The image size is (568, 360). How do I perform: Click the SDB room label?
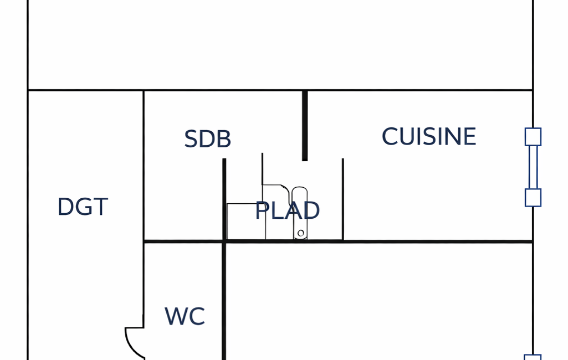click(x=208, y=139)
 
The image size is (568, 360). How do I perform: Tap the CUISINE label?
click(x=429, y=137)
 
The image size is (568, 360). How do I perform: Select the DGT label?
click(x=83, y=207)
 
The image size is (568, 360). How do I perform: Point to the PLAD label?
click(x=287, y=210)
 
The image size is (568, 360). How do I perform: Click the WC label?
click(x=185, y=316)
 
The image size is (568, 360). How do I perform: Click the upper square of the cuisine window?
click(x=533, y=137)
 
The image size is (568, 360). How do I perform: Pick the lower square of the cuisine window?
click(x=533, y=198)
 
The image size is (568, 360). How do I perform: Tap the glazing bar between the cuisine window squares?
click(x=533, y=167)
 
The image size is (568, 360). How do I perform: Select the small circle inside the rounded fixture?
click(x=301, y=233)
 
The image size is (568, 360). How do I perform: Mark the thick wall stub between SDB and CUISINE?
click(x=305, y=126)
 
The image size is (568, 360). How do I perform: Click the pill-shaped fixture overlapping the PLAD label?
click(x=300, y=213)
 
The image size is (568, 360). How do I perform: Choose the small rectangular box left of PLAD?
click(x=247, y=222)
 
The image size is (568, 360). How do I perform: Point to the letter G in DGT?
click(x=84, y=207)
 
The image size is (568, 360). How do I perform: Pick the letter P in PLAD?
click(x=262, y=210)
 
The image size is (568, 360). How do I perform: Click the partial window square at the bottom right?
click(x=533, y=357)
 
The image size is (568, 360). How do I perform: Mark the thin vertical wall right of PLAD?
click(x=343, y=199)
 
